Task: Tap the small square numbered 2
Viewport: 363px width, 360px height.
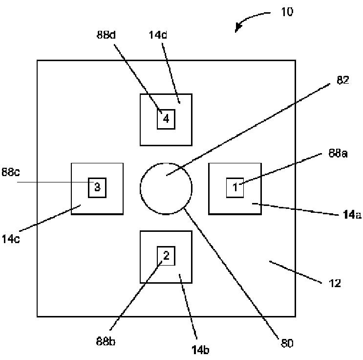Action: point(166,256)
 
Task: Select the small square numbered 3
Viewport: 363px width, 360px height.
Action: point(97,187)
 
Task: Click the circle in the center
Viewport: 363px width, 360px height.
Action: point(166,188)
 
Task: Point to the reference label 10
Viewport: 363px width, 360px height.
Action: point(287,12)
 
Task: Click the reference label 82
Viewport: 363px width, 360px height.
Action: point(343,81)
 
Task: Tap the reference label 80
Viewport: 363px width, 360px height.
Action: point(287,343)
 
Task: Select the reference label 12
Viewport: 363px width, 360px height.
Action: point(334,283)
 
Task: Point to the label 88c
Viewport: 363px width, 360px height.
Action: point(10,173)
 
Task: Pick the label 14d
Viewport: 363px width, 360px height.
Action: point(158,35)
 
